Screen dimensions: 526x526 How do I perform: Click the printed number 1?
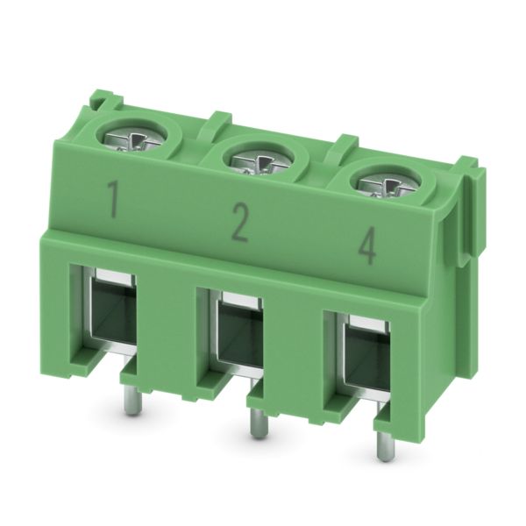coord(113,198)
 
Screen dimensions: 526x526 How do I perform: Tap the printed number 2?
coord(240,223)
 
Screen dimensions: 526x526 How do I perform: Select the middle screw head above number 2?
coord(258,163)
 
